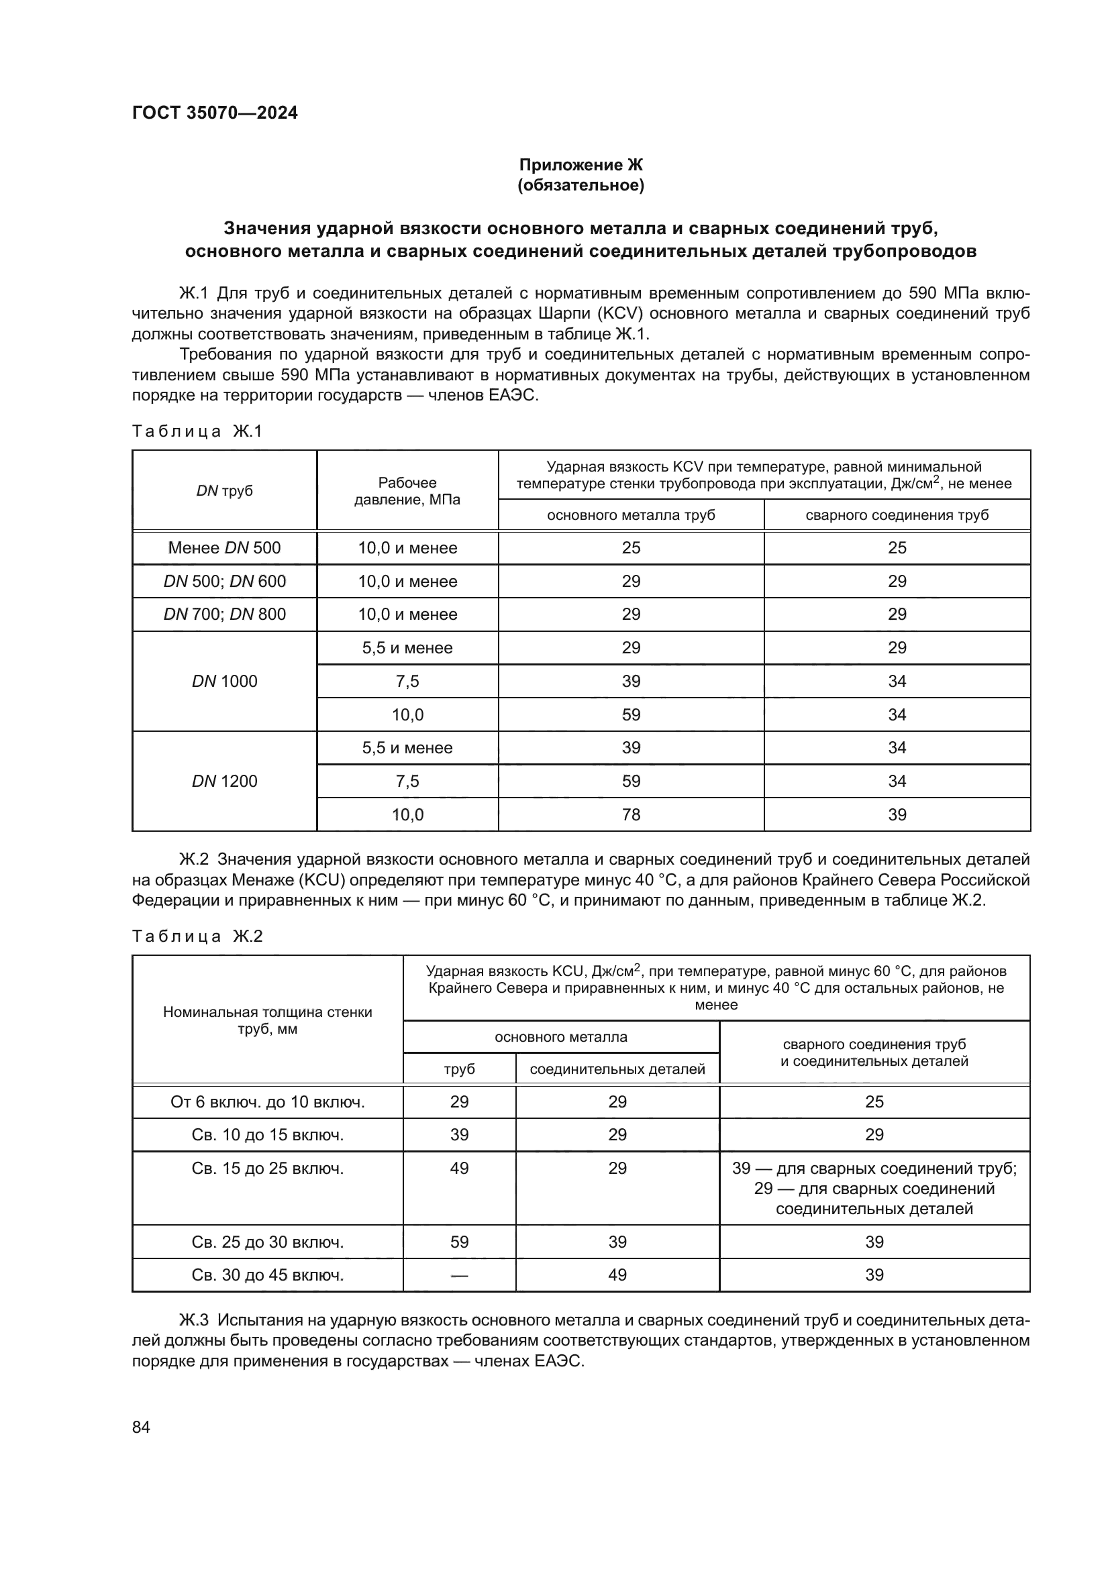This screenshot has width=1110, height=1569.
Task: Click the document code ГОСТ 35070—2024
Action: (215, 113)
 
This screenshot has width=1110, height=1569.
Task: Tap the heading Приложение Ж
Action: (581, 165)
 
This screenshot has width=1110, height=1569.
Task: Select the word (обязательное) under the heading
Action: (581, 185)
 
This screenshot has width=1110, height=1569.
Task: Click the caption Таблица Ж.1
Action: (197, 431)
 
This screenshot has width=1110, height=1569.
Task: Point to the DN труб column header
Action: (224, 490)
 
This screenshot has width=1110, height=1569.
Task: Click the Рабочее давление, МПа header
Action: (407, 490)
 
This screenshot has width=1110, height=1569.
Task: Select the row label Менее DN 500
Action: (224, 548)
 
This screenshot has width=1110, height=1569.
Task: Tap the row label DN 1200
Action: (224, 781)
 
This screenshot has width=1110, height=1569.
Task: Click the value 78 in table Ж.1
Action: (631, 814)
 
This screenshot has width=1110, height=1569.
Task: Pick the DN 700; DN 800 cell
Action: (224, 614)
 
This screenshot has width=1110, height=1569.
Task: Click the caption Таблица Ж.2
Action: (197, 936)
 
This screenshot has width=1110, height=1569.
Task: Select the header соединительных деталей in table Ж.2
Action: (617, 1069)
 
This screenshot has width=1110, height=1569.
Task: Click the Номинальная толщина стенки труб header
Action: (267, 1020)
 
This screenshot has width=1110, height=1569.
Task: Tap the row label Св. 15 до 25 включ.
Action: (267, 1169)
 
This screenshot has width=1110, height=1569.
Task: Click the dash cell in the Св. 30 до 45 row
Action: (459, 1275)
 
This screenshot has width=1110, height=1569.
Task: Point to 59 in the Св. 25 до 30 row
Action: (459, 1242)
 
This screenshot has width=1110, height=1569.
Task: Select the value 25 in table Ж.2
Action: (874, 1101)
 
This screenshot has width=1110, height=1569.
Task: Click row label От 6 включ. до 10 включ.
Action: (267, 1101)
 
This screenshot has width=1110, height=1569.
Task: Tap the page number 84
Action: (141, 1427)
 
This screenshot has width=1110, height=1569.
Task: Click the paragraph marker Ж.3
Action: (193, 1320)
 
